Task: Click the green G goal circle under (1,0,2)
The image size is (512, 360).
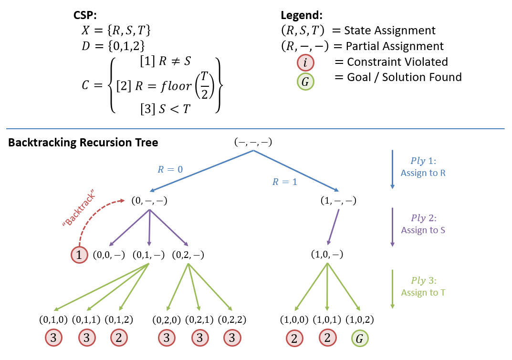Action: pyautogui.click(x=360, y=339)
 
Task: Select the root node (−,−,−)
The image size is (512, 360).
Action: pyautogui.click(x=253, y=142)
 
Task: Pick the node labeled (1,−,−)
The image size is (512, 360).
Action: pyautogui.click(x=339, y=201)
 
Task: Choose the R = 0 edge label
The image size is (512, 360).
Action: pyautogui.click(x=170, y=169)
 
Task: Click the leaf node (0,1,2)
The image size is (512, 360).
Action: pyautogui.click(x=118, y=319)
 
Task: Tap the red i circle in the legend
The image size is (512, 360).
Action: pyautogui.click(x=305, y=62)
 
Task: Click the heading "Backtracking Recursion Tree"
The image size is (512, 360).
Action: pyautogui.click(x=83, y=143)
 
